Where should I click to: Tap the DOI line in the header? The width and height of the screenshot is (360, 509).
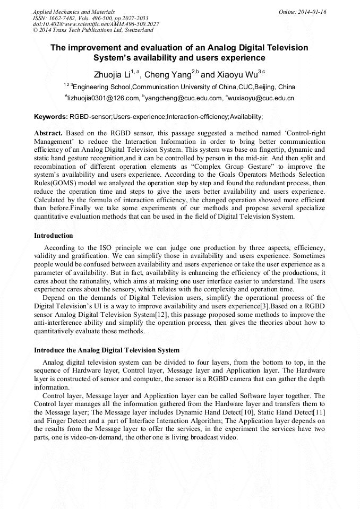point(96,24)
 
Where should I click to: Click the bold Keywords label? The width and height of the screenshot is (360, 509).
point(51,116)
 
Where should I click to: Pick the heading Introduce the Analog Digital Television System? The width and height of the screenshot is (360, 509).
point(107,350)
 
